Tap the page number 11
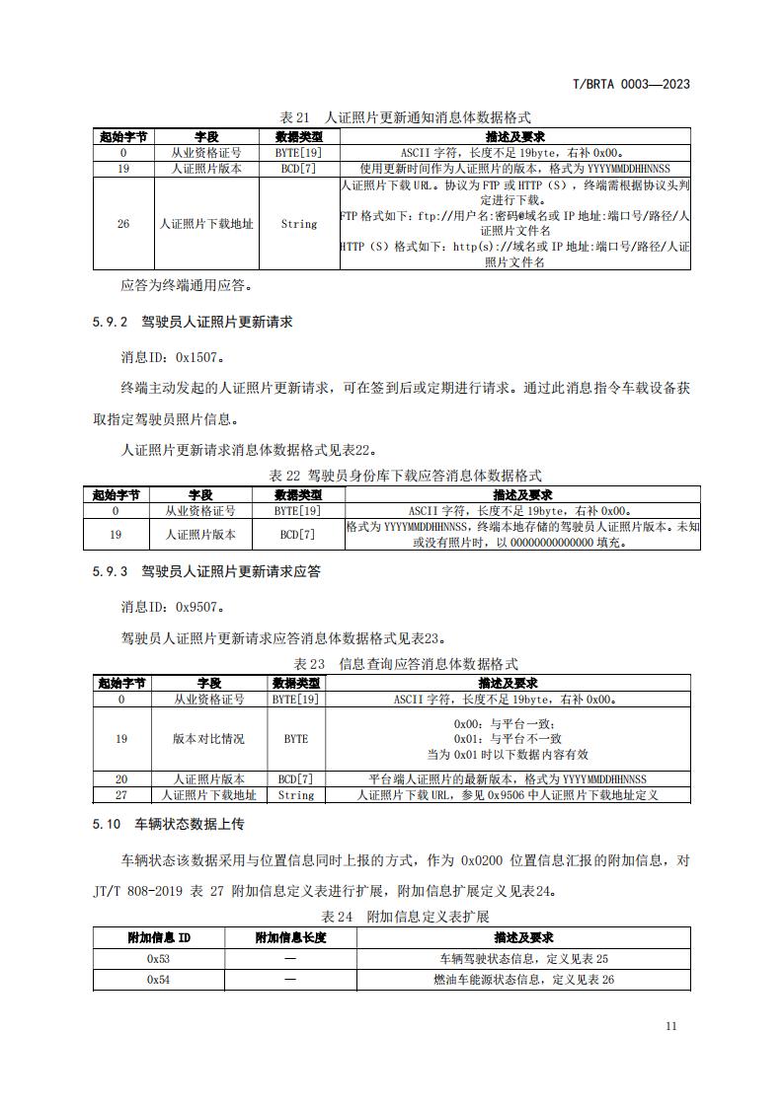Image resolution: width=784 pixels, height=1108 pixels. tap(671, 1026)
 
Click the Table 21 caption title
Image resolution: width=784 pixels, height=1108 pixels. tap(407, 117)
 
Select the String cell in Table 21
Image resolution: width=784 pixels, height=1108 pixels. tap(298, 224)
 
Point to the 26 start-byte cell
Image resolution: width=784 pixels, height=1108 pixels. tap(123, 224)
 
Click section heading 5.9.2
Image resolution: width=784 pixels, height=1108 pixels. tap(193, 322)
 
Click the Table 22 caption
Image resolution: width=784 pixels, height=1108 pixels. tap(405, 476)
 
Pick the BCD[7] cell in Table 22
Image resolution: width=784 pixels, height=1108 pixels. tap(297, 535)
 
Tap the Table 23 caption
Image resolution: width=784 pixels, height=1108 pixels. tap(406, 664)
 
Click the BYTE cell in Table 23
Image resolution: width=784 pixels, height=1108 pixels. tap(295, 738)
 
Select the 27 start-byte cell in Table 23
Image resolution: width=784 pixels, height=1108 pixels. tap(121, 794)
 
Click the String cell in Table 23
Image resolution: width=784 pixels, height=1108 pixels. tap(295, 794)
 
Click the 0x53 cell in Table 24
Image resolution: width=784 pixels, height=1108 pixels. tap(158, 958)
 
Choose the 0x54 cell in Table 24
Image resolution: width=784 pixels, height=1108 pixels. tap(158, 980)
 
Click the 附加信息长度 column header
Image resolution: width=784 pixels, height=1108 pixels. tap(290, 937)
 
